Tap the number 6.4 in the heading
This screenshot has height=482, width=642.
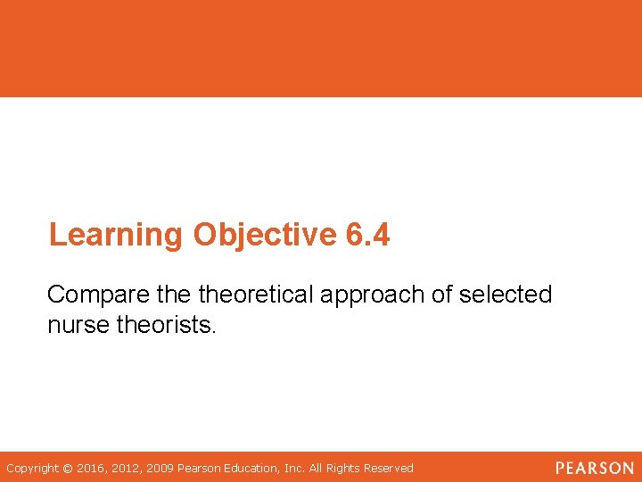366,236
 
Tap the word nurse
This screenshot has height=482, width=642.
78,326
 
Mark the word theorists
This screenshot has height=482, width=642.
167,326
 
